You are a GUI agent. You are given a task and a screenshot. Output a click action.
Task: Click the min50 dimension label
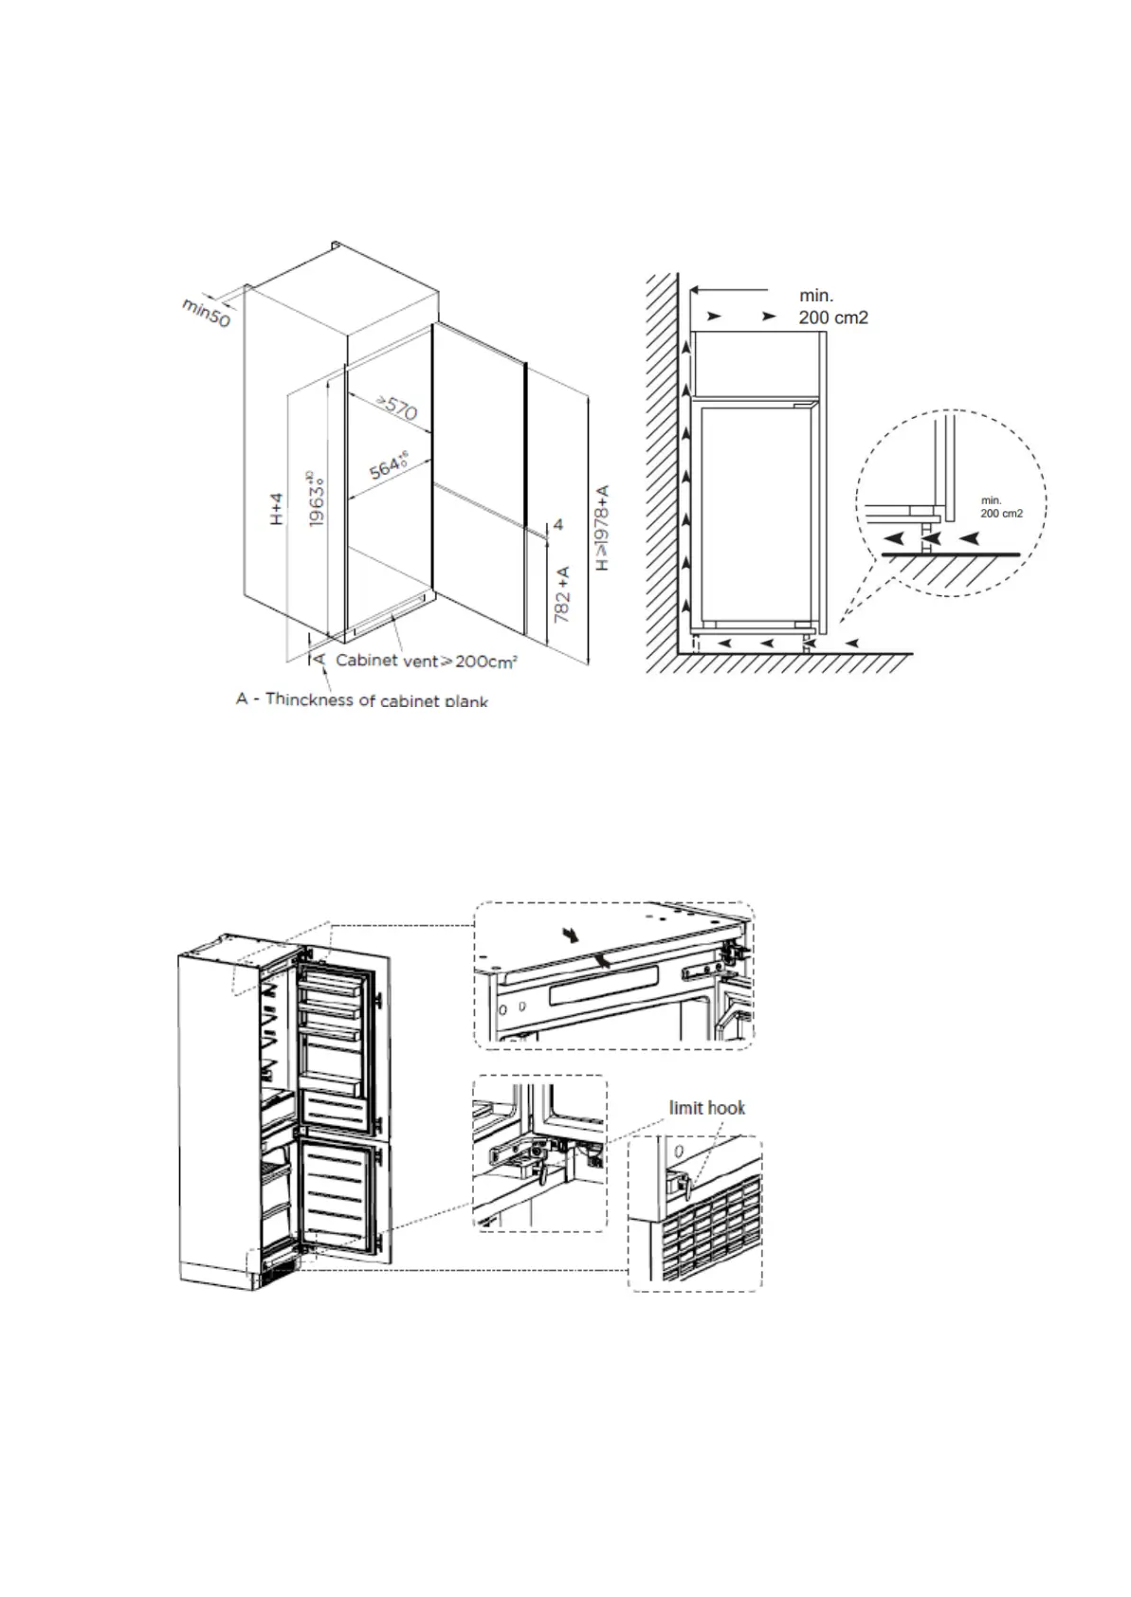[207, 312]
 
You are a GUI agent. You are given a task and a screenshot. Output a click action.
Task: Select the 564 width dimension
[389, 467]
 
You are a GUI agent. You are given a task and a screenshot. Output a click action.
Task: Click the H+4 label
[276, 509]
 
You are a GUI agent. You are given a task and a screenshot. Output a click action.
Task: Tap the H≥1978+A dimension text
[602, 528]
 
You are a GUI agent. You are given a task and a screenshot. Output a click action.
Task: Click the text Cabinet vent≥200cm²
[426, 661]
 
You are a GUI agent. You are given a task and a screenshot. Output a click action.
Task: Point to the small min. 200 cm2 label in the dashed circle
[1001, 507]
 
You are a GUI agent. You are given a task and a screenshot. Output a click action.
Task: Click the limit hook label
[707, 1108]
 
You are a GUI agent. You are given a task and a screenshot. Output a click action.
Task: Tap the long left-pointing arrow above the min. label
[728, 289]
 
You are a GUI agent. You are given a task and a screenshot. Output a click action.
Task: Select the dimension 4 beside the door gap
[558, 524]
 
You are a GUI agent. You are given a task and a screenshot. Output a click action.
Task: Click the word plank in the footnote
[465, 701]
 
